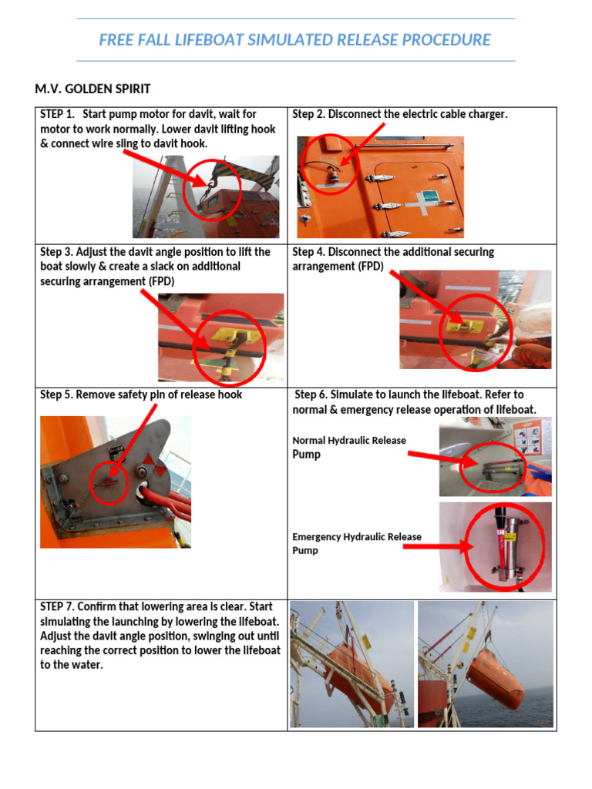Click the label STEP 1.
pyautogui.click(x=57, y=114)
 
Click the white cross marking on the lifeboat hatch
pyautogui.click(x=417, y=203)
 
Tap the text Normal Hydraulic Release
pyautogui.click(x=349, y=440)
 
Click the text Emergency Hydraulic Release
pyautogui.click(x=357, y=537)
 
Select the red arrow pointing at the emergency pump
pyautogui.click(x=438, y=546)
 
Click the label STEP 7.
pyautogui.click(x=57, y=607)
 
